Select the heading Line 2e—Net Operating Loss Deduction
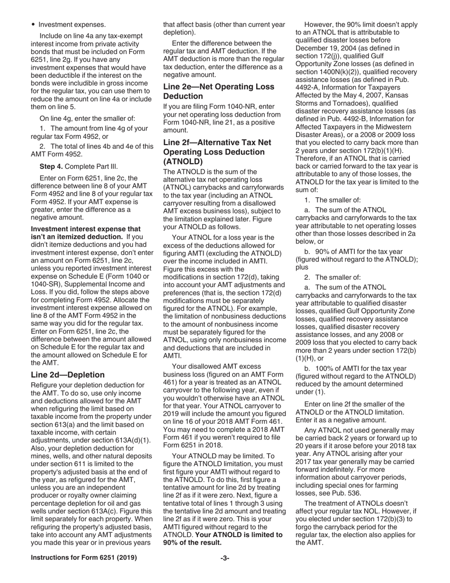(x=218, y=91)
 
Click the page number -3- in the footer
(x=225, y=558)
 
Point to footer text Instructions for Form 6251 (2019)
(x=84, y=558)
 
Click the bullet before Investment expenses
(x=33, y=24)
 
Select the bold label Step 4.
(x=52, y=166)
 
